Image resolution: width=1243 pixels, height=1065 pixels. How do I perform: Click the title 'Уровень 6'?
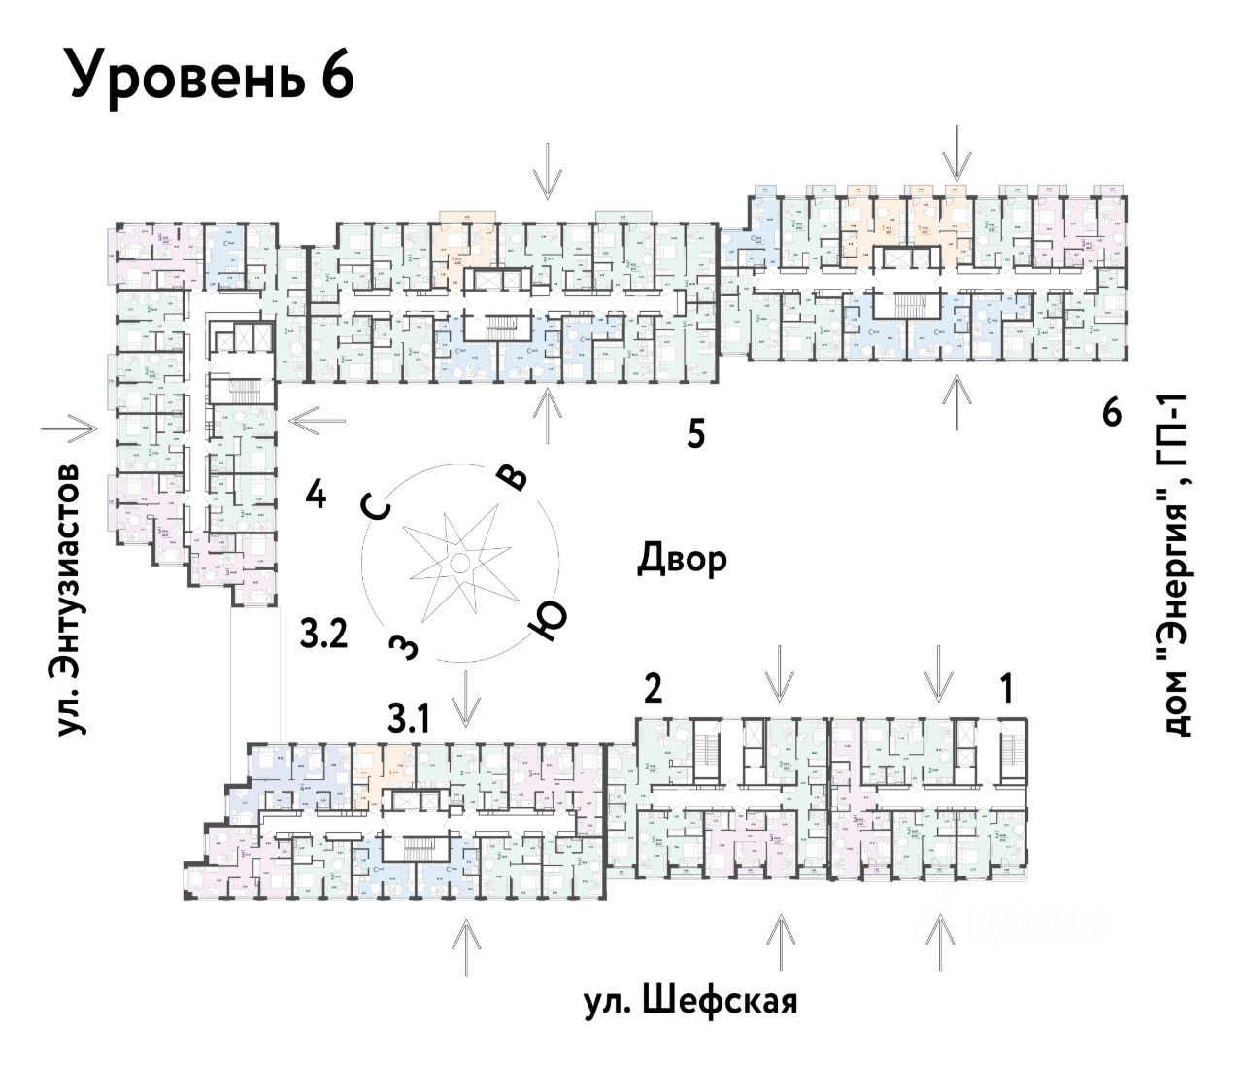(211, 75)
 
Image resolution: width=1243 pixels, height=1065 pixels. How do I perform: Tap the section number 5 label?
(695, 433)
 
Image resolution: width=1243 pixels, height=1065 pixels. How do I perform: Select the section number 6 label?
(1112, 413)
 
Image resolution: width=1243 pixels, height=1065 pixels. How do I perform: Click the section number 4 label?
(315, 496)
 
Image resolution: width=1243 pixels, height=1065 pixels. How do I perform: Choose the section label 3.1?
(409, 719)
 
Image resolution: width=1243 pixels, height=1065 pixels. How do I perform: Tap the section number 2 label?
(653, 689)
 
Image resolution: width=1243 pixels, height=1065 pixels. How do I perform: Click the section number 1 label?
(1007, 689)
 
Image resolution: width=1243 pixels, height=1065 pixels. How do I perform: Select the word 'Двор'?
(682, 559)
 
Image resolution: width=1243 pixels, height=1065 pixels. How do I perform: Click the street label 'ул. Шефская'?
(690, 1001)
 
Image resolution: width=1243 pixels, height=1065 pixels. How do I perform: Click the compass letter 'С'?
(378, 508)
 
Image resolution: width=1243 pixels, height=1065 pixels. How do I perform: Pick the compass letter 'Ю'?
(547, 620)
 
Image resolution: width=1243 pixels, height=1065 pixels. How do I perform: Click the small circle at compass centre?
(459, 564)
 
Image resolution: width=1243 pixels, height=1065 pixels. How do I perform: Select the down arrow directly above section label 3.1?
(467, 698)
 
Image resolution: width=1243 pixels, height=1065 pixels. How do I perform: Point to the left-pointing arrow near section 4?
(317, 420)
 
